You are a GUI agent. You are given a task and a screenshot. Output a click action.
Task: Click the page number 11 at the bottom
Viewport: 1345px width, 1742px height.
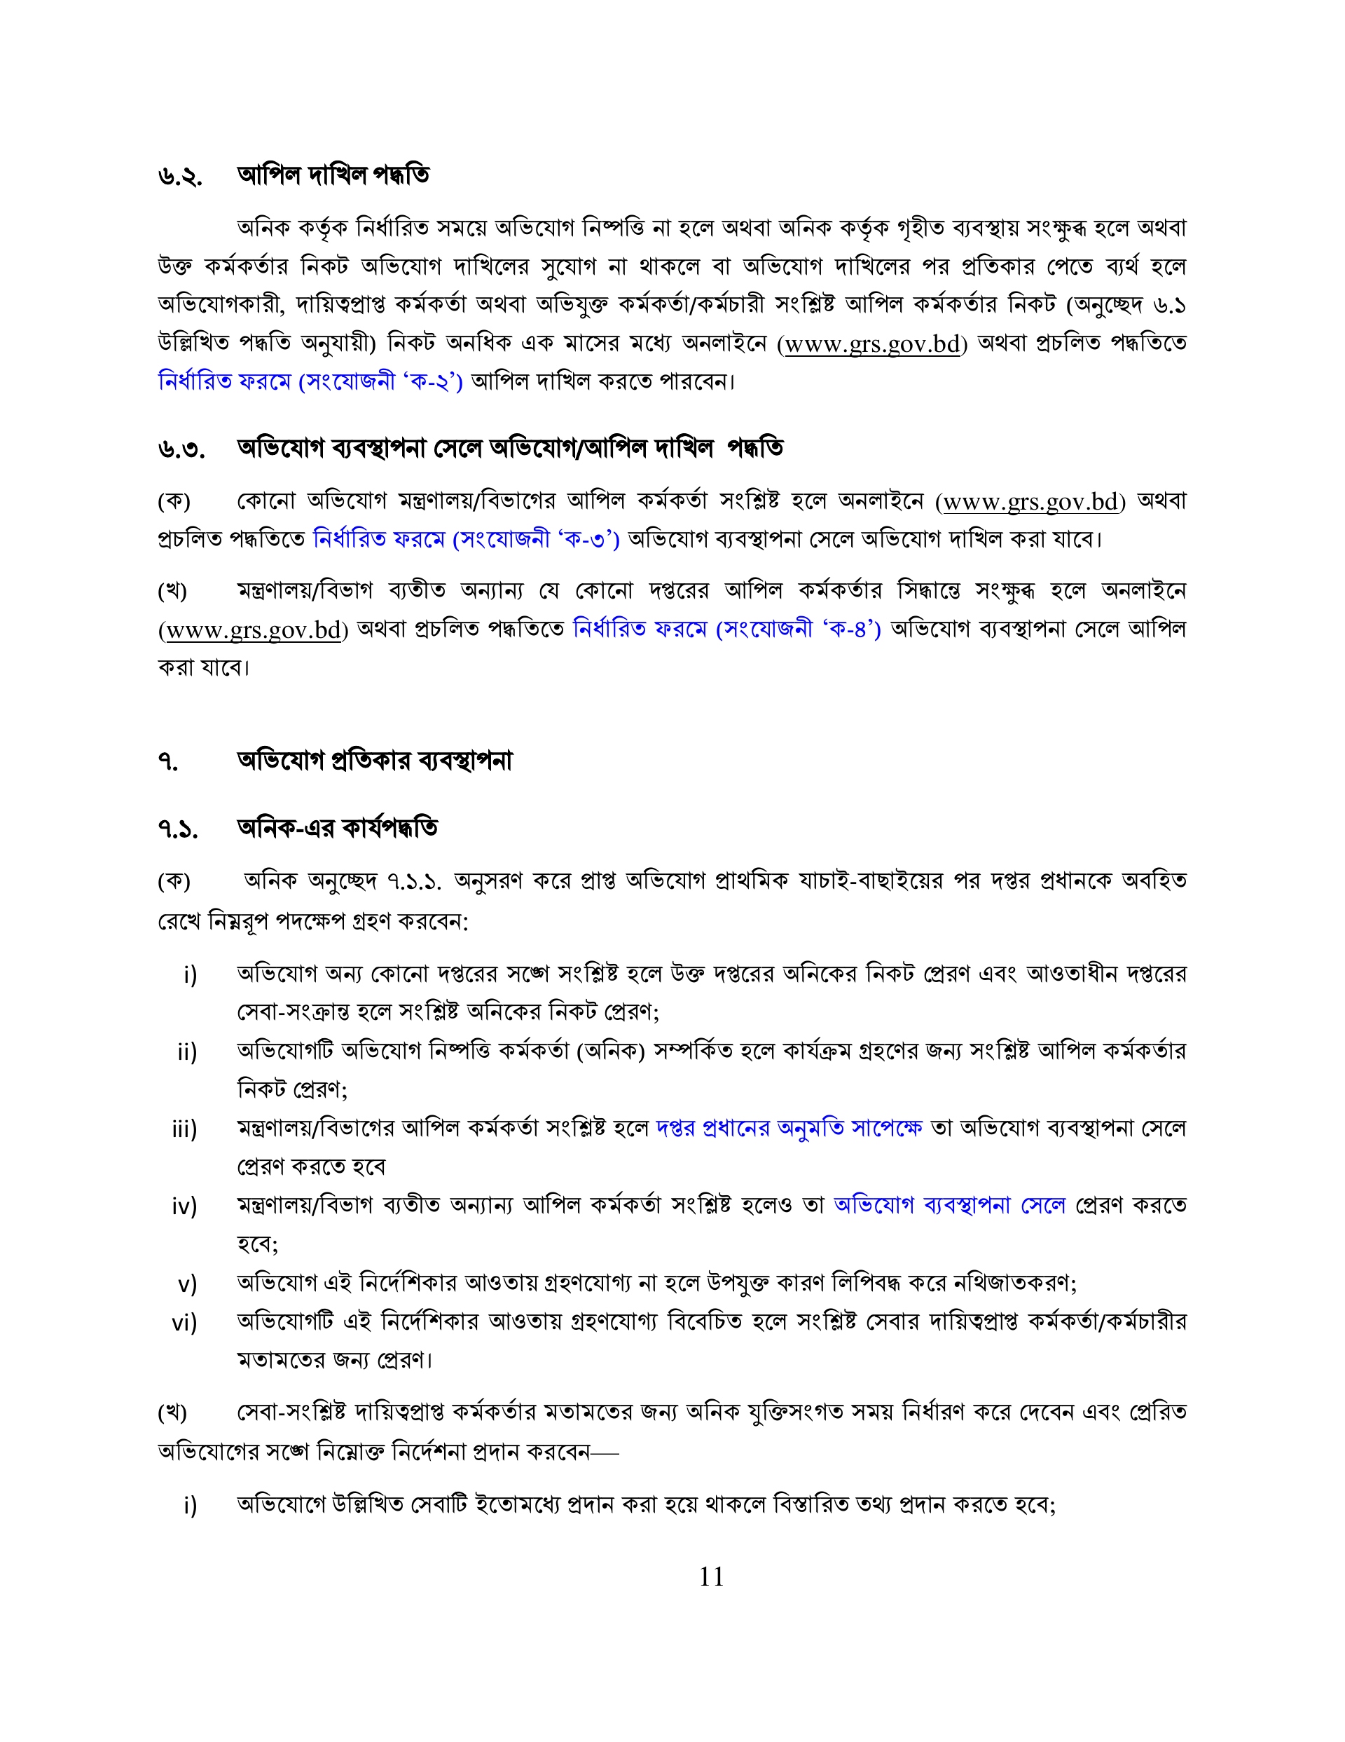click(711, 1576)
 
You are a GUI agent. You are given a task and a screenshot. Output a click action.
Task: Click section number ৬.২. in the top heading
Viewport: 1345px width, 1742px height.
click(179, 176)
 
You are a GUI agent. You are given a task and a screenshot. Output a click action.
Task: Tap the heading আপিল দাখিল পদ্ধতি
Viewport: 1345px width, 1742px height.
click(333, 175)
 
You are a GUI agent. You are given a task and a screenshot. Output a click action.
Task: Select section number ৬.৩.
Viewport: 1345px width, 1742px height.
click(181, 450)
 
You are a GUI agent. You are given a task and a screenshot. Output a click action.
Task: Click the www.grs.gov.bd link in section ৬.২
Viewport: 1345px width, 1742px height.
click(871, 343)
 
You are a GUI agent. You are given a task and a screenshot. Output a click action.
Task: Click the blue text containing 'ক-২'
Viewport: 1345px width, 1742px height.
click(310, 381)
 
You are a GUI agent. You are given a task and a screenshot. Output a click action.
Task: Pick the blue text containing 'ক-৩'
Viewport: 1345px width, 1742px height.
click(467, 540)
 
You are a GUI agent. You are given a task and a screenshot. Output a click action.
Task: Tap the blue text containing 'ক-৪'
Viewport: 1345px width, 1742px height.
click(726, 630)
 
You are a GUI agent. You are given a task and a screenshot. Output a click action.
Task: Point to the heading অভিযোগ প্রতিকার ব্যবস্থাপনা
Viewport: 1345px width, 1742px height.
click(374, 760)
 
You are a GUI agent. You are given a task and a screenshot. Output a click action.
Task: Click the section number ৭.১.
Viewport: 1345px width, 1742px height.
click(178, 829)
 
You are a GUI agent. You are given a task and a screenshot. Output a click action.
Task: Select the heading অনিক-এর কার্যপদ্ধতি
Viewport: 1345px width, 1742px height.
click(336, 828)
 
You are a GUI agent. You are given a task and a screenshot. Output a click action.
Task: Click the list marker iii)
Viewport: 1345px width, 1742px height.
click(184, 1129)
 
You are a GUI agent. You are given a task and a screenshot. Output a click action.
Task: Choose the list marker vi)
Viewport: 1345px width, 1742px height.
click(184, 1323)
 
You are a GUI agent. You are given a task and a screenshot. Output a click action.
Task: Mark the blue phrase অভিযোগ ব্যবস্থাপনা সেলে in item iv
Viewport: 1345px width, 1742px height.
click(949, 1204)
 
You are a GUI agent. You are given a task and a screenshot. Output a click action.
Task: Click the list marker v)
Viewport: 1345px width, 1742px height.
click(187, 1284)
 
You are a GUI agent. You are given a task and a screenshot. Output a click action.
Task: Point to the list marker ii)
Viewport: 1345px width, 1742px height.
click(186, 1052)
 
